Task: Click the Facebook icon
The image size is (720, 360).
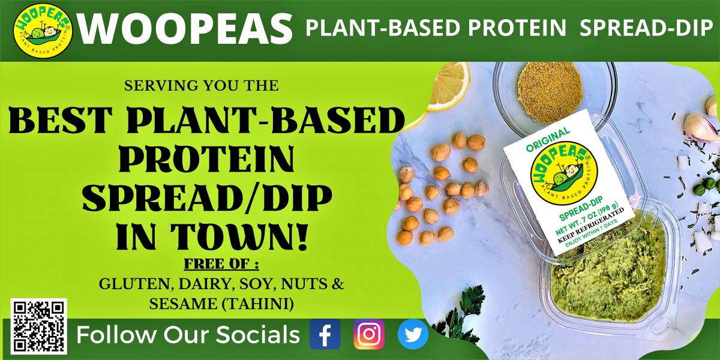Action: tap(325, 334)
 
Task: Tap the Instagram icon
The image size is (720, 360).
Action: tap(369, 334)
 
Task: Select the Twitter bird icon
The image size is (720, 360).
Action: tap(413, 334)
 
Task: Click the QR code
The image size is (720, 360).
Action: tap(38, 326)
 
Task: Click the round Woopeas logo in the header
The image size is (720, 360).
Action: tap(43, 31)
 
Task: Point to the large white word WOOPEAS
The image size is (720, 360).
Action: tap(185, 29)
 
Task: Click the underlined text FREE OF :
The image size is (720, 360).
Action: tap(221, 264)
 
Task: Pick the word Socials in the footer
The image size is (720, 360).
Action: tap(257, 335)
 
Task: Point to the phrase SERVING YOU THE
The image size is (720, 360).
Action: tap(201, 85)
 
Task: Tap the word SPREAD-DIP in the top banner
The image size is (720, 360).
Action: tap(646, 28)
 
